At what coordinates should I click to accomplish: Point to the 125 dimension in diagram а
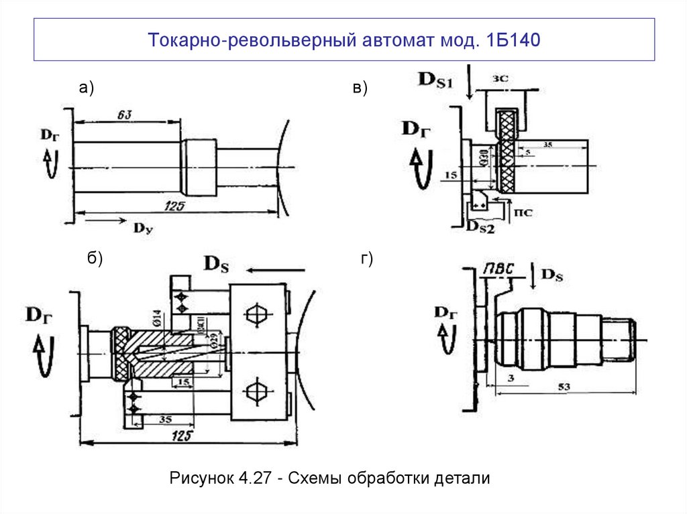(x=176, y=205)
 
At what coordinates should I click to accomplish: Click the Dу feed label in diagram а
(x=143, y=229)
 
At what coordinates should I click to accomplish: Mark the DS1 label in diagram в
(x=436, y=80)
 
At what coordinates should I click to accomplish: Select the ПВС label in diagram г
(x=499, y=269)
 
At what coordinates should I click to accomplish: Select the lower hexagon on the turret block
(x=257, y=390)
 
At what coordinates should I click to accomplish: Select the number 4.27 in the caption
(x=256, y=478)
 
